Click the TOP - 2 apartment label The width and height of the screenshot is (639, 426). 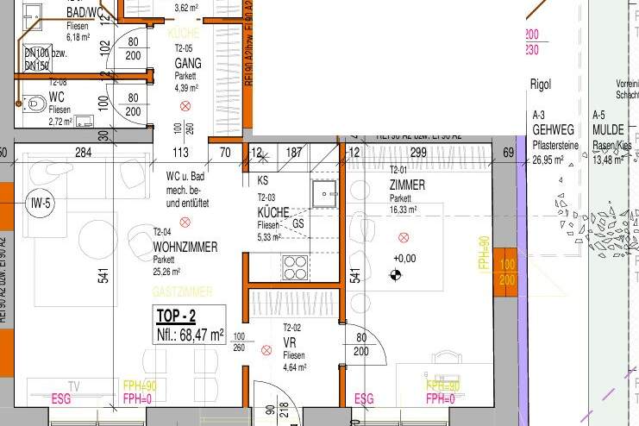click(x=175, y=316)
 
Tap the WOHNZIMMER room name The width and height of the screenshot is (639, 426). click(x=185, y=247)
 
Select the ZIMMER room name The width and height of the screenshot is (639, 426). click(x=407, y=185)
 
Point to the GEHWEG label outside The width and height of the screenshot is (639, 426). click(x=552, y=129)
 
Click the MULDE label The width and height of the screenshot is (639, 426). click(x=608, y=129)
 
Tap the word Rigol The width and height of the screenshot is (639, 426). click(x=539, y=85)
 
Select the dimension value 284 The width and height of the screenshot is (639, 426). click(x=83, y=153)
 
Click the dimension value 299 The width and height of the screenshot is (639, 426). click(x=418, y=153)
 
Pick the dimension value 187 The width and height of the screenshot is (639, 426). click(x=294, y=153)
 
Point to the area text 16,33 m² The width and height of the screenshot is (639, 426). click(x=404, y=209)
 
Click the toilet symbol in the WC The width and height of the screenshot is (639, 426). click(x=34, y=103)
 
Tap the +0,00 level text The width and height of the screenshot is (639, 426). click(x=404, y=258)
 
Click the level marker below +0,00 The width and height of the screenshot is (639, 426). click(x=396, y=276)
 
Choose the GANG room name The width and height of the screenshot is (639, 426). click(x=187, y=64)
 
